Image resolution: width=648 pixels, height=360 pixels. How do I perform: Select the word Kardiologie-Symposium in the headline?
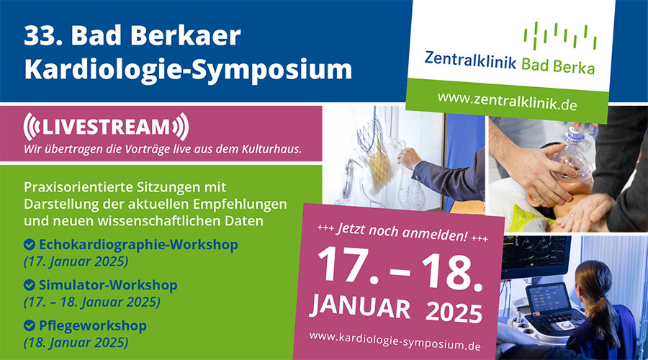click(188, 70)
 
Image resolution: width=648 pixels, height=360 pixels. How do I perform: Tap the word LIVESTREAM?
click(106, 127)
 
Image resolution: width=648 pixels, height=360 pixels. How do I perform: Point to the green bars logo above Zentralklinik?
click(560, 35)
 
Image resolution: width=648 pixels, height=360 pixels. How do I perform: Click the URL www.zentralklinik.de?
click(507, 101)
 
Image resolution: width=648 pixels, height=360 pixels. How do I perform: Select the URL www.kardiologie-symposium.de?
click(395, 341)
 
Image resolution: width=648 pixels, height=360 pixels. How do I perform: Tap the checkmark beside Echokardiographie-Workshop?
click(30, 245)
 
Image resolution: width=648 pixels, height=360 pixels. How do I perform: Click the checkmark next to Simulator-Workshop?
click(30, 285)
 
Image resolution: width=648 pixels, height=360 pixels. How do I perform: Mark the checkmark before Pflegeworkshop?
click(30, 325)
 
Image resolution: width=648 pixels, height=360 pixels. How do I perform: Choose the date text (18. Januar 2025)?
click(76, 343)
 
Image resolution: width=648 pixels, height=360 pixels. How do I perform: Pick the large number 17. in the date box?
click(348, 264)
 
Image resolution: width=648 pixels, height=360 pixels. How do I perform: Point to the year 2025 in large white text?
click(454, 312)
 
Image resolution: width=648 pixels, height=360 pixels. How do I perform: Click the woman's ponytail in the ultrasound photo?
click(605, 318)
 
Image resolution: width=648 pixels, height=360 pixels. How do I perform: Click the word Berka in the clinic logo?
click(576, 67)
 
